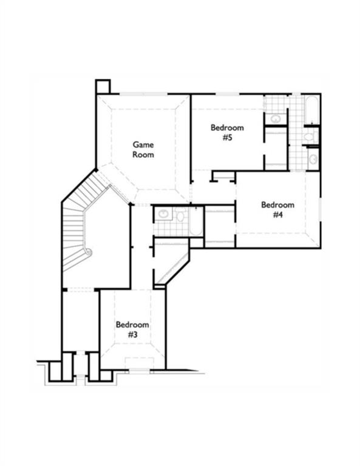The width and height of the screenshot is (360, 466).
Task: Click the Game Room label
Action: coord(143,149)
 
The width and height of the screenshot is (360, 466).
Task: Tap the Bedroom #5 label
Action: coord(227,132)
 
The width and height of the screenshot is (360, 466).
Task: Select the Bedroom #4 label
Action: coord(277,209)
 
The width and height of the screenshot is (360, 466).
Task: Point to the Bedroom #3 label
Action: coord(132,329)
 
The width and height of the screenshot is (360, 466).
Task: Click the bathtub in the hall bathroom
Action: coord(195,221)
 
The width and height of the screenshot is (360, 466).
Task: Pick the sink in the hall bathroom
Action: coord(163,214)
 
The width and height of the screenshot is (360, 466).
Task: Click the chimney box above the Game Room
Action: coord(102,86)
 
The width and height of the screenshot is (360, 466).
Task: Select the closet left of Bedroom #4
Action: coord(220,227)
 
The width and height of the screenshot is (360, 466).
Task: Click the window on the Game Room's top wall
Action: coord(143,94)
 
